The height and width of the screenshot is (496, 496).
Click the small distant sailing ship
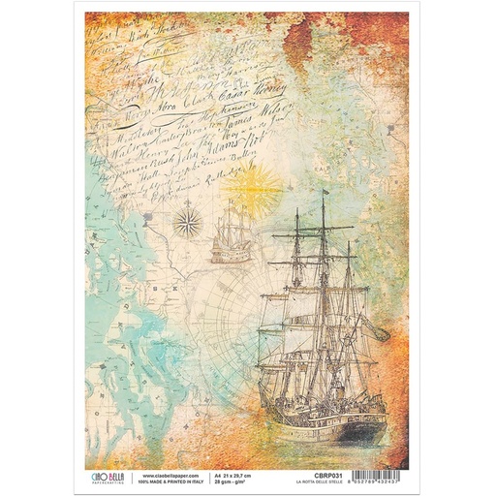tap(232, 234)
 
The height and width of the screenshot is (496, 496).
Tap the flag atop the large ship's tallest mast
tap(326, 195)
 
